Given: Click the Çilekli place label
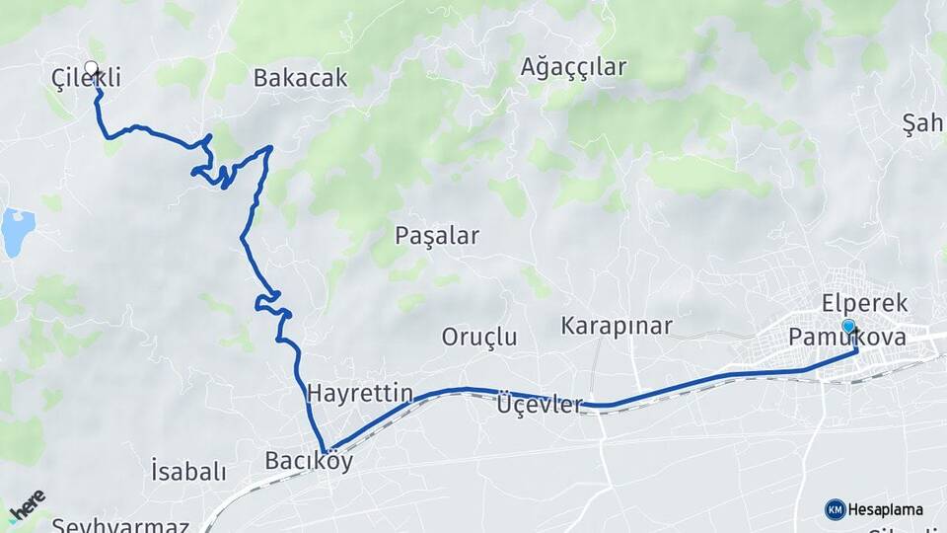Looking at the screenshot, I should (87, 78).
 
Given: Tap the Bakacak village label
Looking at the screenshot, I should (300, 78).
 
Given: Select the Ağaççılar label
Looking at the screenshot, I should (573, 67).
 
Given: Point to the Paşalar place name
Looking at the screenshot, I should (436, 236).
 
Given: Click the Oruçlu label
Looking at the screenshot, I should (478, 337).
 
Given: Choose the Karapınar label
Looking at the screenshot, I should (617, 326).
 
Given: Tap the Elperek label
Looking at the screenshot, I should (864, 303).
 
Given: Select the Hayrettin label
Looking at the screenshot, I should (359, 393).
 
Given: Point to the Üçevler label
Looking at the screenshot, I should (540, 405).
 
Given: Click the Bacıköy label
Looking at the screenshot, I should (309, 461).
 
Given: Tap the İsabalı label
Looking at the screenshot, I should (188, 471).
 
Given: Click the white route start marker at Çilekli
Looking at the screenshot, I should (92, 68).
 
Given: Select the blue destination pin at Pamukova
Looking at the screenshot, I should (848, 327).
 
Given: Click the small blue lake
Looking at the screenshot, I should (17, 232).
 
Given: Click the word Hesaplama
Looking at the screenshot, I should (886, 510).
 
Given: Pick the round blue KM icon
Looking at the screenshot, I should (835, 509).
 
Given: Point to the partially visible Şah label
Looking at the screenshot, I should (924, 124).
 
